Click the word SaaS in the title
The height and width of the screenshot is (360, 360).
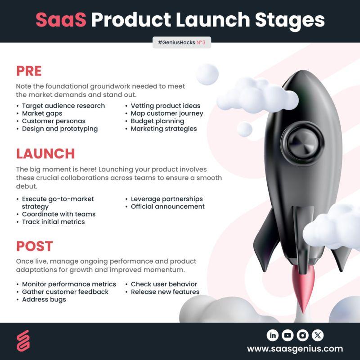click(61, 20)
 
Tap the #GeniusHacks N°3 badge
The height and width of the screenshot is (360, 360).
click(182, 42)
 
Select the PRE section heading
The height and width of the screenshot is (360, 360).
click(29, 71)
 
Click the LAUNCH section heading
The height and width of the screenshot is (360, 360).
click(45, 153)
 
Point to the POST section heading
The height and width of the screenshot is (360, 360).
click(35, 246)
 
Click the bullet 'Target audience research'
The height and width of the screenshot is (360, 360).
click(63, 106)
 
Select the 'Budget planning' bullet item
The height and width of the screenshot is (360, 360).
click(157, 121)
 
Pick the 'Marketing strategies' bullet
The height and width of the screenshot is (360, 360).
click(164, 129)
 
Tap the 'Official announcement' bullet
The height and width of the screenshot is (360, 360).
click(167, 207)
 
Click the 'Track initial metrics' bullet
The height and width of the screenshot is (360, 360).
click(53, 222)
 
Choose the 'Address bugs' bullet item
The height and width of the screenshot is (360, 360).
click(44, 300)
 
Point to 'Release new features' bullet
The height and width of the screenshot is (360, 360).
click(165, 292)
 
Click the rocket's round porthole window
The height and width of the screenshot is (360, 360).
click(302, 144)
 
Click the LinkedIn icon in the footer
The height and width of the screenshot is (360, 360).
click(273, 335)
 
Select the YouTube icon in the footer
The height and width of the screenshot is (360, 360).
click(288, 335)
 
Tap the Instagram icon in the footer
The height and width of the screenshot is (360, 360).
click(302, 335)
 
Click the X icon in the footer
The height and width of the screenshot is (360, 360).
click(318, 335)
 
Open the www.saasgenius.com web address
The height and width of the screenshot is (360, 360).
click(295, 349)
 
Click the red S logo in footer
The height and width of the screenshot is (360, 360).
click(23, 341)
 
